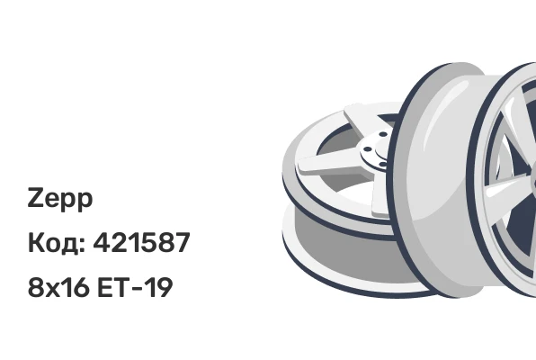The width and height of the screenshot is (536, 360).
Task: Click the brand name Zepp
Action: point(60,199)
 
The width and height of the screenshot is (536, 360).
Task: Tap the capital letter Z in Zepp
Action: point(35,197)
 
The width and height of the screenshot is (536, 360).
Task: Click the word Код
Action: point(54,243)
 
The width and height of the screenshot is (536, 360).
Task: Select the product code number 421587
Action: point(141,242)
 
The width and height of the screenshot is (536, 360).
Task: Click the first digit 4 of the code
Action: point(102,242)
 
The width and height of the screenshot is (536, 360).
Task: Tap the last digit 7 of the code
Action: point(182,242)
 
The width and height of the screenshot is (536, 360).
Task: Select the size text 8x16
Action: point(58,287)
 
